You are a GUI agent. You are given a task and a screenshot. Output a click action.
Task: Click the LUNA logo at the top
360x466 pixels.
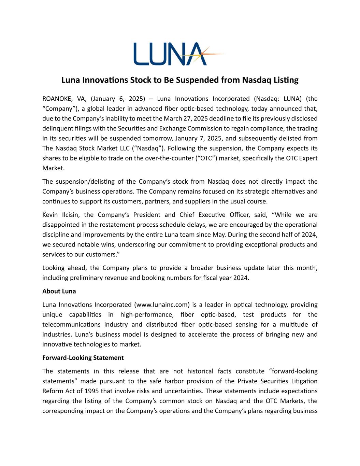171,54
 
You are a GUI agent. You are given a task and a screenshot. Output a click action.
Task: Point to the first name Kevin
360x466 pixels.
50,215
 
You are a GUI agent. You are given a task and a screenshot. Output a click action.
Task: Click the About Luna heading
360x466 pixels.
59,291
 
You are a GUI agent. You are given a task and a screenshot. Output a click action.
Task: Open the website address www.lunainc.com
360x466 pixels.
162,305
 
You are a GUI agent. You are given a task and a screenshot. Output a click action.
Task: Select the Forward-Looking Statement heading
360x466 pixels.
83,358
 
